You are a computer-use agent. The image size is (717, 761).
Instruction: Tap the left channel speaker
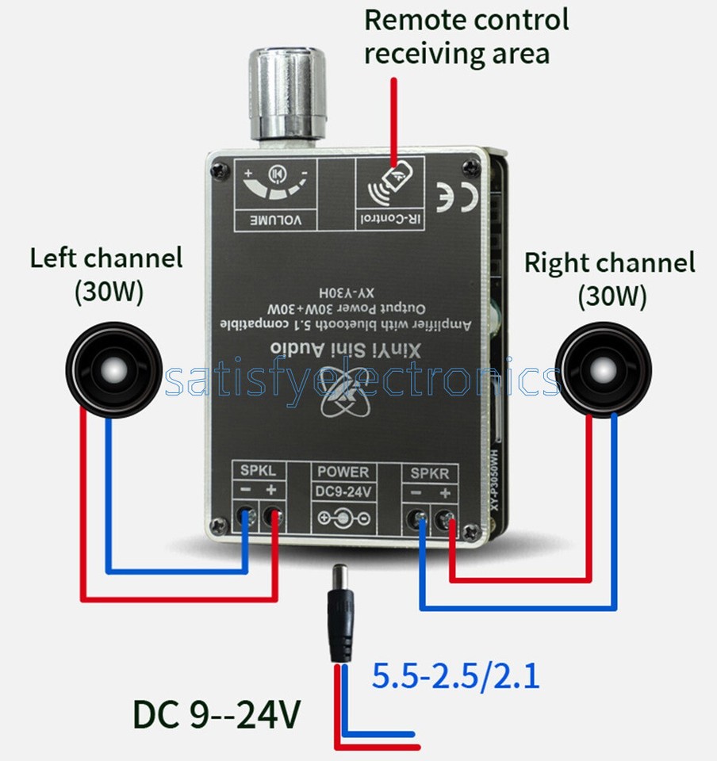113,370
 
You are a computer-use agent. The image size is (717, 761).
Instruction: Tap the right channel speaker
604,370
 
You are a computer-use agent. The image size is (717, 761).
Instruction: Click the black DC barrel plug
340,614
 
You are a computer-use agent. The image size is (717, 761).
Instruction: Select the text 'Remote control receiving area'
466,36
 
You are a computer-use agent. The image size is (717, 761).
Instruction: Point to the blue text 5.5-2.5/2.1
455,676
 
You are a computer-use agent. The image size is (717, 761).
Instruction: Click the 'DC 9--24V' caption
217,714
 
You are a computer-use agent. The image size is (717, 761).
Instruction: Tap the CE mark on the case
456,197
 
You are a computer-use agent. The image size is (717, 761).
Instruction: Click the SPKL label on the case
258,470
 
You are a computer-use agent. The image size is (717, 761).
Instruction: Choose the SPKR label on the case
430,473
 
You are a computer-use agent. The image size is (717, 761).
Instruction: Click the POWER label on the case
343,472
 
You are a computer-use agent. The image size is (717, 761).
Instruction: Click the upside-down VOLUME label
276,220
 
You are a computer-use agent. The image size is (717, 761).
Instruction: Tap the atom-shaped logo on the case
346,396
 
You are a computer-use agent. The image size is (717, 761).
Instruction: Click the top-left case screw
220,170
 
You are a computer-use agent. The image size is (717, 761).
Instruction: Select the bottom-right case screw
470,533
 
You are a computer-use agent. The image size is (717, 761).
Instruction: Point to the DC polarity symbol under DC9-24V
343,518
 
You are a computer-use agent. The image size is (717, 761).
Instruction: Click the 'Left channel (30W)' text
106,275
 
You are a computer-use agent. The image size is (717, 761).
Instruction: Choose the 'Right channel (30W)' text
610,280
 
